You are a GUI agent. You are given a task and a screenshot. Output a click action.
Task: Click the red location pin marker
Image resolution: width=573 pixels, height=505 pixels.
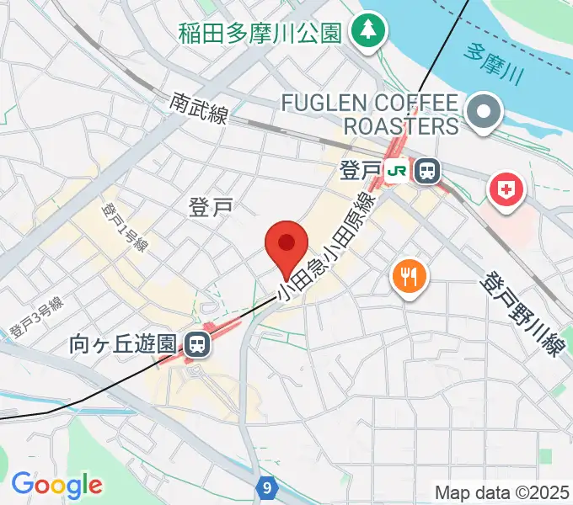(x=286, y=245)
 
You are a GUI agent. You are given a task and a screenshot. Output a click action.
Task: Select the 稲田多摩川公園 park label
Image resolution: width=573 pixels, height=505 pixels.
(x=259, y=34)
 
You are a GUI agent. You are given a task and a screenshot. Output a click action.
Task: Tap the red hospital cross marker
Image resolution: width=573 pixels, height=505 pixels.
(x=508, y=189)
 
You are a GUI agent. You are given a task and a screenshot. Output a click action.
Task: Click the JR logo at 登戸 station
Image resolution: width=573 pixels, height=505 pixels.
(x=398, y=172)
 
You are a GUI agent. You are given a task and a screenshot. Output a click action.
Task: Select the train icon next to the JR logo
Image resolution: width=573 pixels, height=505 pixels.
(x=428, y=172)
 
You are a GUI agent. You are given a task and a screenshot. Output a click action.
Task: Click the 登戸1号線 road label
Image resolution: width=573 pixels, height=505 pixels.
(x=123, y=226)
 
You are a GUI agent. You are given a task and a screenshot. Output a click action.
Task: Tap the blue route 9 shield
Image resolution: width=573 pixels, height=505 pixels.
(x=267, y=487)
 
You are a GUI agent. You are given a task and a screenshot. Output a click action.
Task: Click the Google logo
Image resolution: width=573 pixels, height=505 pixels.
(x=56, y=486)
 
